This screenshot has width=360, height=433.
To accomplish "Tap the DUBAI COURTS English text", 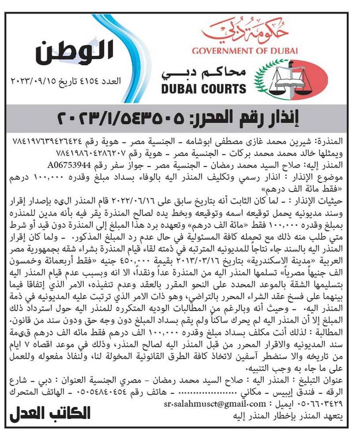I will pos(204,88).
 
